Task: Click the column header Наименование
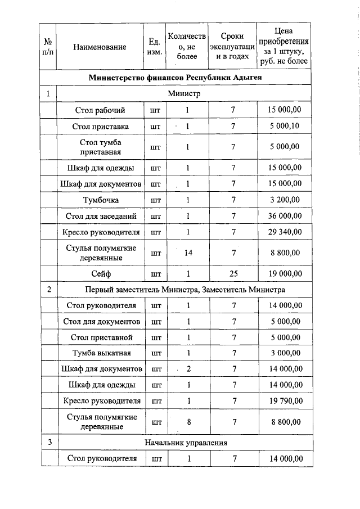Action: point(100,48)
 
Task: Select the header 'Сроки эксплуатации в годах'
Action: point(232,48)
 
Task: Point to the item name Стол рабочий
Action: point(100,110)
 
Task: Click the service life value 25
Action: point(232,274)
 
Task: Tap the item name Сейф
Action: point(100,274)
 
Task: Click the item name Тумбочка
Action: point(100,200)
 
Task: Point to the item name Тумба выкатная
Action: point(100,353)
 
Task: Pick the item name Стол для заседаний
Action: point(100,215)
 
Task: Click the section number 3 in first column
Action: point(49,442)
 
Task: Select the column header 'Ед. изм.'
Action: point(154,48)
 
